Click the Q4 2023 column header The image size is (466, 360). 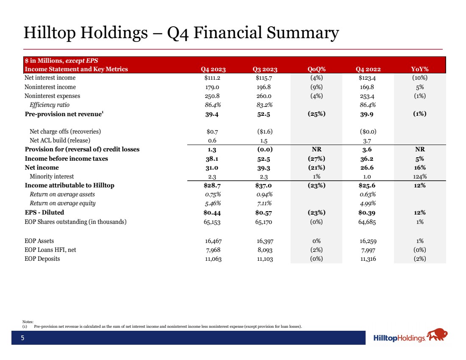pos(213,69)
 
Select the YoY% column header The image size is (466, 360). pos(420,69)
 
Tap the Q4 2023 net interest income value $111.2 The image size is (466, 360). pos(213,78)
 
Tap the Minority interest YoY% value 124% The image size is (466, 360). pos(420,176)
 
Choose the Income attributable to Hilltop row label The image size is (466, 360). pos(69,185)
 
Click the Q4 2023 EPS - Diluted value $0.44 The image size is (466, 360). pos(213,212)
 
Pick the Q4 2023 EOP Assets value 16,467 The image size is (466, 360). pos(213,241)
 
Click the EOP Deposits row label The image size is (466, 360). pos(42,259)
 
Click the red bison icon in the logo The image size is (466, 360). pos(437,336)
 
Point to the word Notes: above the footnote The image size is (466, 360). pos(28,322)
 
